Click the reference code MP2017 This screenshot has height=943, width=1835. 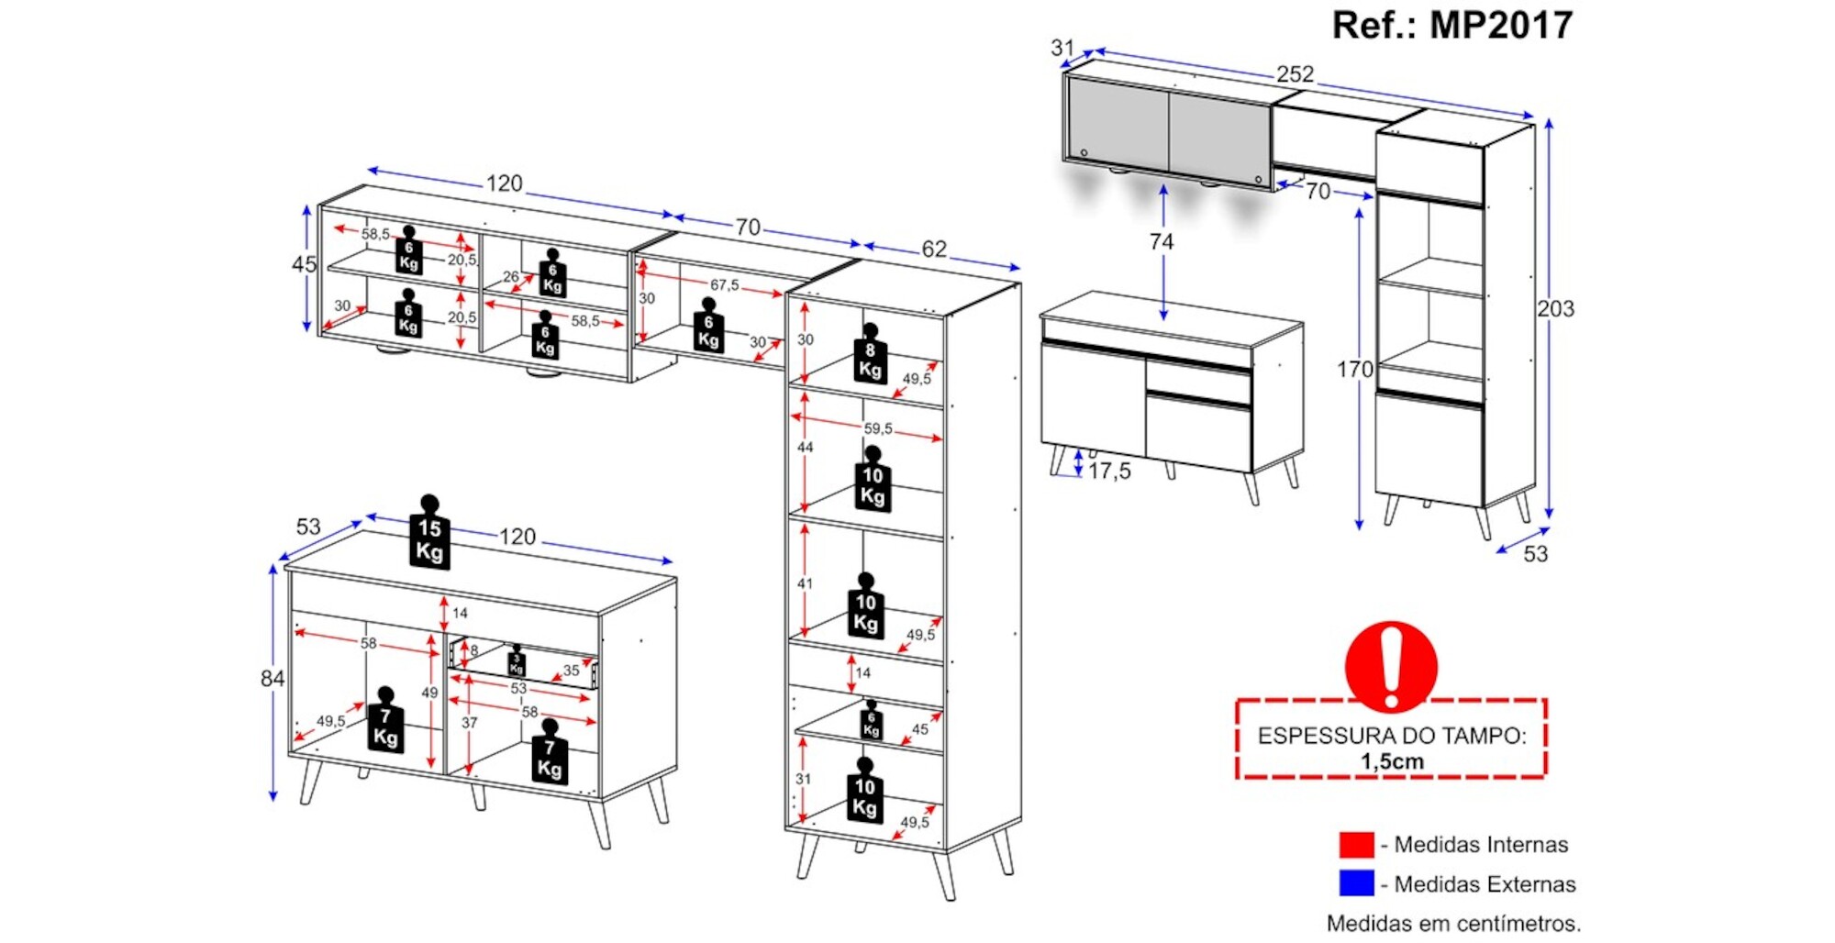coord(1501,26)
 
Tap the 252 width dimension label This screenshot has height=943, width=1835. coord(1295,74)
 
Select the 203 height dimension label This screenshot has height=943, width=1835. coord(1556,309)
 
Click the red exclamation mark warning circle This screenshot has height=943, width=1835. coord(1391,666)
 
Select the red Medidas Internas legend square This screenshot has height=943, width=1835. coord(1356,844)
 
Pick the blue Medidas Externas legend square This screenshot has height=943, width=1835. coord(1356,883)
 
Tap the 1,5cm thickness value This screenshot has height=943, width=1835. coord(1392,761)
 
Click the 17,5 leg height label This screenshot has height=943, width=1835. coord(1109,471)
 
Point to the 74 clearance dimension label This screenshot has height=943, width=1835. coord(1162,242)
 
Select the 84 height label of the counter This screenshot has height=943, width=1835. coord(272,679)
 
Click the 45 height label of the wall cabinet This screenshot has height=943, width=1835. coord(305,265)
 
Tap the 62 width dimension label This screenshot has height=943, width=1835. coord(934,249)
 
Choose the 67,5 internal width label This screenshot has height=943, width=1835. coord(724,285)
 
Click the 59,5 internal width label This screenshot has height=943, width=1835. coord(877,428)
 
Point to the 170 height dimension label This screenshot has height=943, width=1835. coord(1354,370)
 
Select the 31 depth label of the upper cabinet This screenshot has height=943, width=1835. coord(1062,48)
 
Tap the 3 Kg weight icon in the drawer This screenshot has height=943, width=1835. coord(517,662)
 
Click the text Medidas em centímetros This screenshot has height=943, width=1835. coord(1453,923)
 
